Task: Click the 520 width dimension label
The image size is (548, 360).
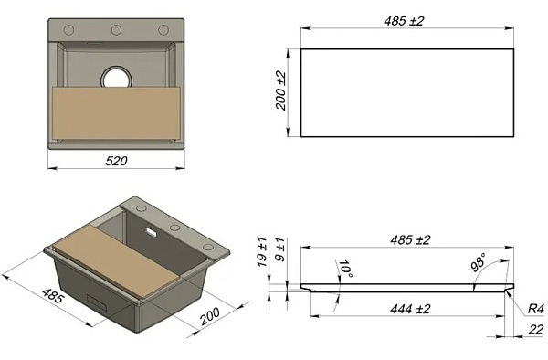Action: pos(116,161)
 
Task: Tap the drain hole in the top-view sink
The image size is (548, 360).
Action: pos(116,78)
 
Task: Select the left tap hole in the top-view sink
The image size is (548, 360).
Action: pos(68,30)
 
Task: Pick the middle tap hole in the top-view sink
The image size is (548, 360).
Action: pos(116,30)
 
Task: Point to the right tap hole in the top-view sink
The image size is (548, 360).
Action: pos(163,30)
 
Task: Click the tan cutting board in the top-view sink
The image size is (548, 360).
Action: pos(116,113)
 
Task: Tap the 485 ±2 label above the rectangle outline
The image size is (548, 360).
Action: pos(404,21)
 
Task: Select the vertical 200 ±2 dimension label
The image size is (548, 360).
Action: pos(280,90)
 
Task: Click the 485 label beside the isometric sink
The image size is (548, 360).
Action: pos(53,295)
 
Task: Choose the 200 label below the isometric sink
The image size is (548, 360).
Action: pos(210,316)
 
